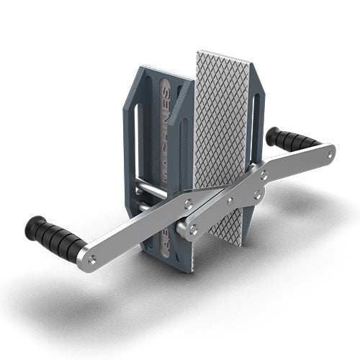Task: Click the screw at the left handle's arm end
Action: [x=91, y=260]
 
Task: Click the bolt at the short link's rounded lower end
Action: [x=192, y=229]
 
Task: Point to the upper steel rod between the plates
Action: [x=151, y=186]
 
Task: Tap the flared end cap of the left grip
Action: [x=31, y=228]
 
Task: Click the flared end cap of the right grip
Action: [x=272, y=135]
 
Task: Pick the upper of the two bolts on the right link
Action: [x=264, y=174]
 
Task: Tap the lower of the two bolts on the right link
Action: [x=257, y=195]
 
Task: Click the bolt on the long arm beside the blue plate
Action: [x=187, y=204]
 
